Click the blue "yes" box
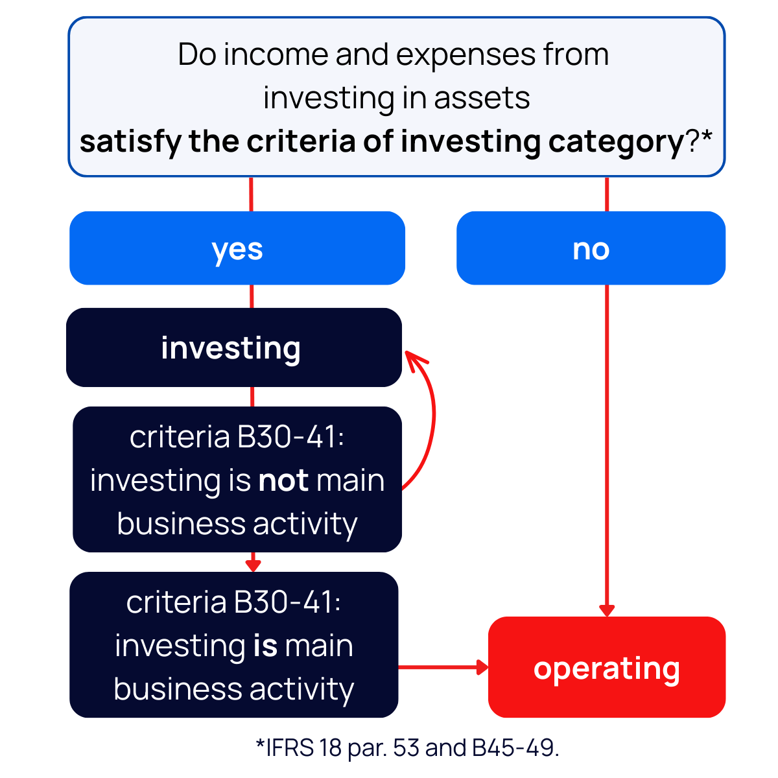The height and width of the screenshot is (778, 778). [237, 248]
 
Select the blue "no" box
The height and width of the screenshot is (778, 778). [591, 248]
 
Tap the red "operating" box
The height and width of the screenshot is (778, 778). [606, 667]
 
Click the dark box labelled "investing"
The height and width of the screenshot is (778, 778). [233, 348]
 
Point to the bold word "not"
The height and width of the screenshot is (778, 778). [283, 480]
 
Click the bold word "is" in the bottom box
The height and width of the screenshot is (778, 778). [265, 646]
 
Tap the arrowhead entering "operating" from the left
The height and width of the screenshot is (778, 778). [482, 666]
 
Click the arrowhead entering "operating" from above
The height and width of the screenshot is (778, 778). [607, 611]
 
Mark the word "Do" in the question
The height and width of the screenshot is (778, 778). [197, 54]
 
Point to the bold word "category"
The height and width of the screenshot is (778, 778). [616, 141]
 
